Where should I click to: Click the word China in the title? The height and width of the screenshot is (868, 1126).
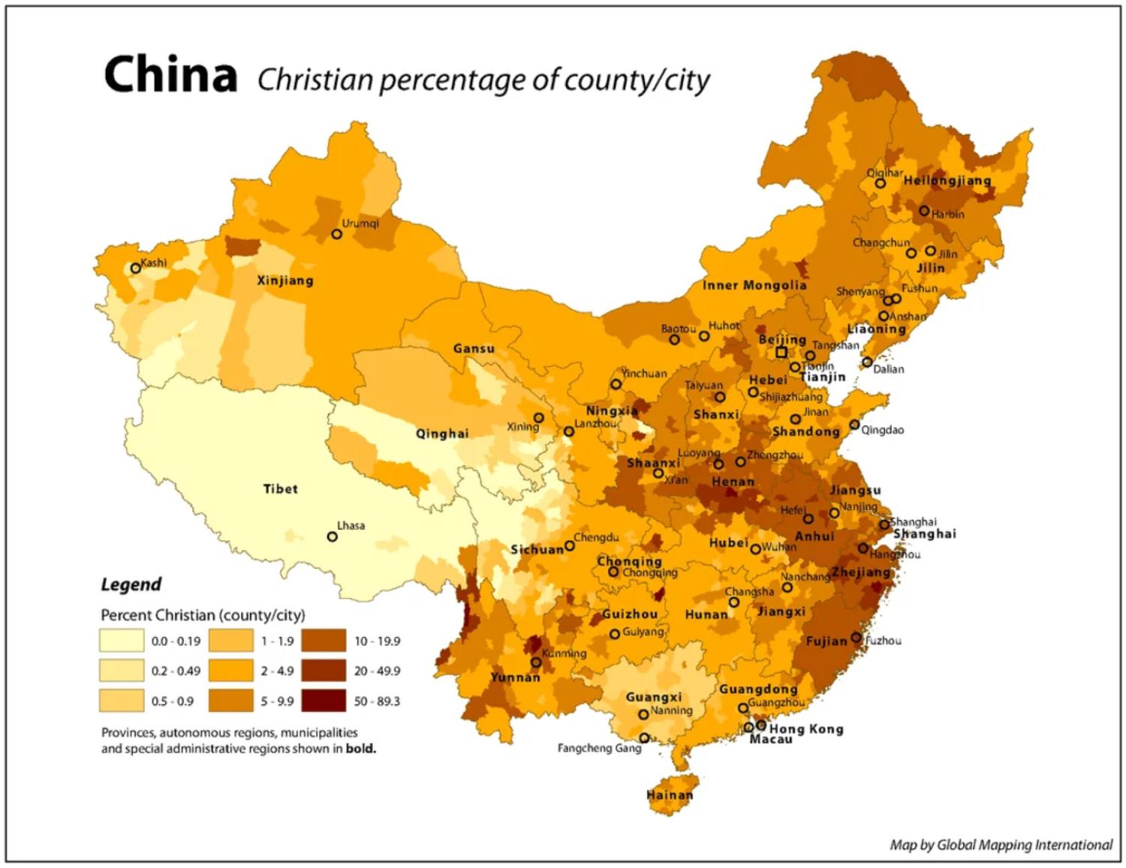(x=170, y=75)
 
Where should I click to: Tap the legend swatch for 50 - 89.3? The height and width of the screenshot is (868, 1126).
(x=324, y=701)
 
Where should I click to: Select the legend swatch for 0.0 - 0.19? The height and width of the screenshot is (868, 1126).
(x=121, y=641)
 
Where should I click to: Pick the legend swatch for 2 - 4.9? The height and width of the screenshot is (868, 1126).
(x=231, y=671)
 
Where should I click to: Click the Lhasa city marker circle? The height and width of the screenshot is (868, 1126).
(x=332, y=536)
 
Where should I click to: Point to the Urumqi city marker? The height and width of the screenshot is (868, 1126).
(x=336, y=234)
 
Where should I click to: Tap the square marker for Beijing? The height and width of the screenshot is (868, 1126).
(x=781, y=352)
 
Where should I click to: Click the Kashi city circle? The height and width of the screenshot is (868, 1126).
(x=136, y=268)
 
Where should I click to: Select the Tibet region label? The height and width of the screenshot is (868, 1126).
(x=280, y=489)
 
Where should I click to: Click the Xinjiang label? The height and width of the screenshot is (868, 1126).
(x=285, y=281)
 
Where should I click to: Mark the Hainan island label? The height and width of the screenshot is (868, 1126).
(x=670, y=794)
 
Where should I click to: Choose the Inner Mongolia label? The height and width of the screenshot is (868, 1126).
(x=754, y=285)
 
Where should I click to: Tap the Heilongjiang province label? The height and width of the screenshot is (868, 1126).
(x=947, y=181)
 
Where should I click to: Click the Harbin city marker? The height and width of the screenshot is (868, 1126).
(x=924, y=211)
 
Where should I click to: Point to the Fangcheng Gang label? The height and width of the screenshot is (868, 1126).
(x=599, y=748)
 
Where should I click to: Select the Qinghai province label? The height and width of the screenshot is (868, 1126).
(x=442, y=434)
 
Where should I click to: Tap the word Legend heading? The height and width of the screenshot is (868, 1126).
(x=131, y=584)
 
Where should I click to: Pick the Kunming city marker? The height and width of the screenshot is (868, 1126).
(x=536, y=662)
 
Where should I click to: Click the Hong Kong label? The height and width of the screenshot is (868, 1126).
(x=806, y=728)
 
